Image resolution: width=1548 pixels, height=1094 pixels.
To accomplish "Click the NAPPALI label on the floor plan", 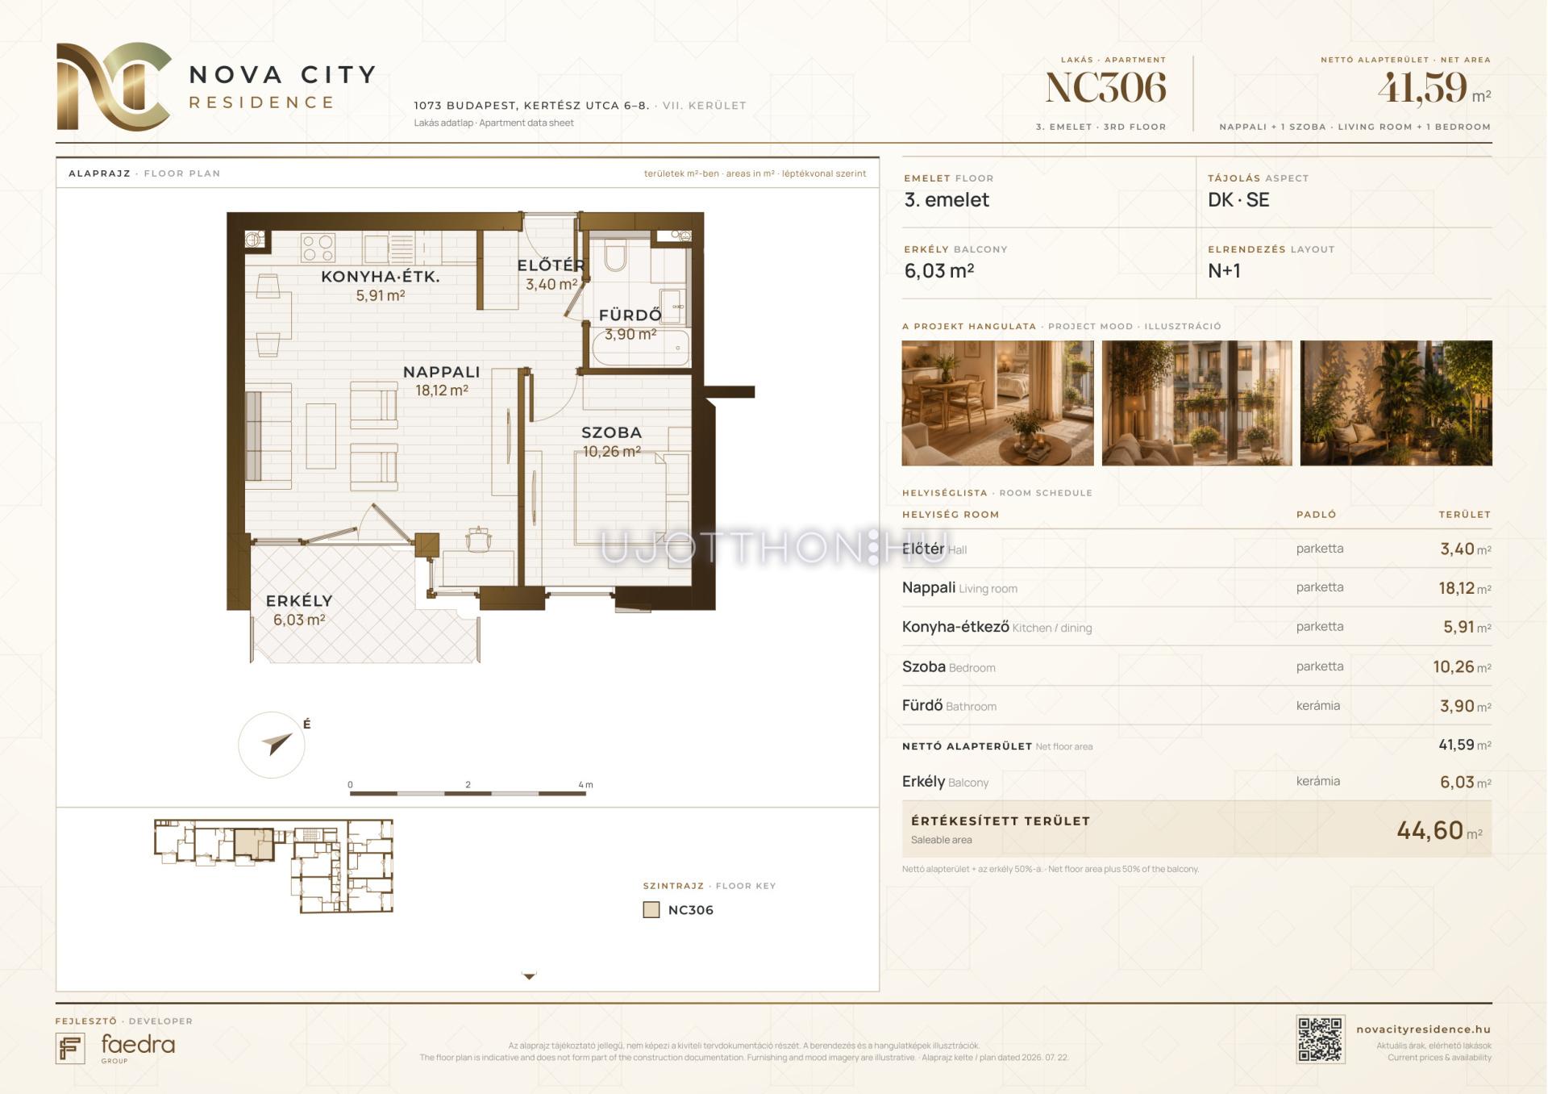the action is pos(441,372).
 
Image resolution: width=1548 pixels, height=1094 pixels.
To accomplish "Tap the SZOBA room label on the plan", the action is pos(611,432).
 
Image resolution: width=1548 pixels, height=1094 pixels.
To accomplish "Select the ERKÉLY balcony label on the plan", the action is pos(299,601).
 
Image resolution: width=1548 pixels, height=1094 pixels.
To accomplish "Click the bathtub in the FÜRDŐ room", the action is pos(640,348).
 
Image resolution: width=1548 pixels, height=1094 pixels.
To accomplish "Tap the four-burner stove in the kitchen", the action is pos(318,248).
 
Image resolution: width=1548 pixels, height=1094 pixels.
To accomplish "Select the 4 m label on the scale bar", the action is pos(585,784).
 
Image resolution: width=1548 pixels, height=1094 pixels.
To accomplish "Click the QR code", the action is pos(1320,1039).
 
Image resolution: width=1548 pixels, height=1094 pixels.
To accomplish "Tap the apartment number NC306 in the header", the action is pos(1105,87).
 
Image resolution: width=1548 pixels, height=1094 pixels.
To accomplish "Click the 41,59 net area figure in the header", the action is pos(1421,87).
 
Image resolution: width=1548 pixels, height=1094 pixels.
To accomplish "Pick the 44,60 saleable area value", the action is pos(1429,829).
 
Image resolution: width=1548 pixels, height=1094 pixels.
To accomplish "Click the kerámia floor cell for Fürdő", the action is pos(1318,705).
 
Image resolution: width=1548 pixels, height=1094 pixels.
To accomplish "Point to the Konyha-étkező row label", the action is pos(955,627).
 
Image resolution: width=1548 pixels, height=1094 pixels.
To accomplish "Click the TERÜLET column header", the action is pos(1464,514).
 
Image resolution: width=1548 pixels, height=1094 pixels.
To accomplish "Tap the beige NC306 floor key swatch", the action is pos(651,910).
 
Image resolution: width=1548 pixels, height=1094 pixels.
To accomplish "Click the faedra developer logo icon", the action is pos(70,1048).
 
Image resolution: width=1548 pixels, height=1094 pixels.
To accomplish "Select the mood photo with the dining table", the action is pos(997,403).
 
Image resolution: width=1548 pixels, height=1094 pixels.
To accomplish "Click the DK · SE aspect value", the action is pos(1238,200).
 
